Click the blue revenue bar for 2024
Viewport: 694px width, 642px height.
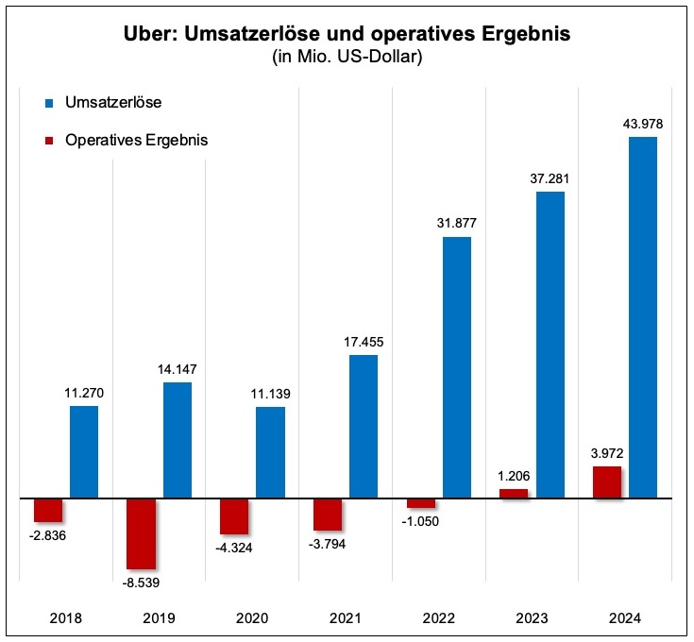pyautogui.click(x=642, y=316)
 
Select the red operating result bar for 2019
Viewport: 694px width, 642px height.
pyautogui.click(x=141, y=533)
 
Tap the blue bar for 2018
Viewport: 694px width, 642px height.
pyautogui.click(x=84, y=451)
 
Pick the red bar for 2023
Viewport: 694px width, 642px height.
pyautogui.click(x=514, y=493)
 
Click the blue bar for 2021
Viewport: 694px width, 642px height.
pyautogui.click(x=364, y=426)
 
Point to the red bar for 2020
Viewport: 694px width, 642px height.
pyautogui.click(x=234, y=516)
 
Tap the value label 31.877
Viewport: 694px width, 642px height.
pyautogui.click(x=456, y=222)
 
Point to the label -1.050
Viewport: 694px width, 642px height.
pyautogui.click(x=419, y=521)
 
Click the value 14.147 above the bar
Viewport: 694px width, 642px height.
pyautogui.click(x=178, y=368)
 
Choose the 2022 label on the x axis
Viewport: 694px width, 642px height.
pyautogui.click(x=439, y=618)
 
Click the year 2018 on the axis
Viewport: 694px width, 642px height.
pyautogui.click(x=65, y=618)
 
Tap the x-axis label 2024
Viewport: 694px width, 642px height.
pyautogui.click(x=625, y=618)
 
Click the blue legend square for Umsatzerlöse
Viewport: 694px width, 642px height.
pyautogui.click(x=49, y=102)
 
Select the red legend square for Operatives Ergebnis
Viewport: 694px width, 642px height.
pyautogui.click(x=49, y=140)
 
